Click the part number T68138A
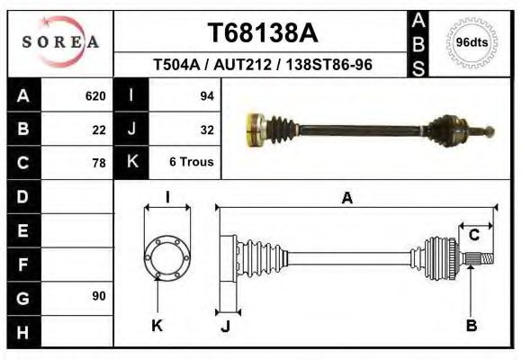(263, 33)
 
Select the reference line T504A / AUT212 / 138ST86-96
(263, 65)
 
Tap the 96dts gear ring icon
(472, 41)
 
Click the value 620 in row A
(95, 96)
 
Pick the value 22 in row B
(99, 130)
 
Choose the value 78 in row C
(99, 163)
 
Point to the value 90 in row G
(99, 296)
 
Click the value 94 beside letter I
(205, 96)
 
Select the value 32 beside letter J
(205, 130)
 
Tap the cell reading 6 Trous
(191, 163)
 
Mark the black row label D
(23, 196)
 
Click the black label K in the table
(131, 163)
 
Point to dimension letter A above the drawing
(347, 199)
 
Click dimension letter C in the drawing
(473, 236)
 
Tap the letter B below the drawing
(471, 326)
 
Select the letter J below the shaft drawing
(225, 327)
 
